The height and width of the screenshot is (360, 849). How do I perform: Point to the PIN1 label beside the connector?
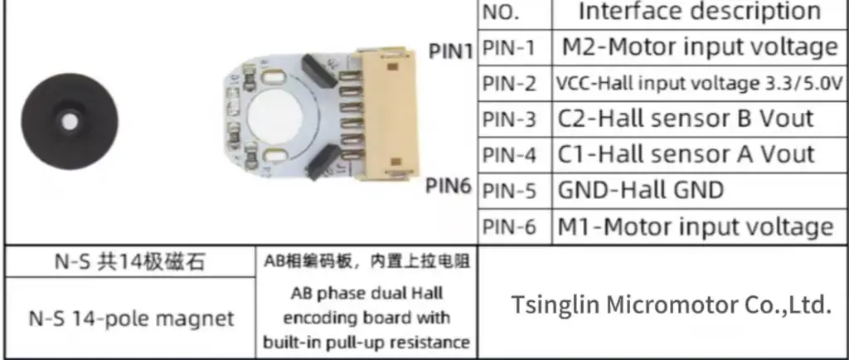(450, 51)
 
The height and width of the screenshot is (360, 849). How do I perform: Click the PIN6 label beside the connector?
(449, 185)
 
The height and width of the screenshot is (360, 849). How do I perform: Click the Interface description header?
(699, 12)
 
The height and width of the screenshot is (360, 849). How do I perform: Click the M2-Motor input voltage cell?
(699, 47)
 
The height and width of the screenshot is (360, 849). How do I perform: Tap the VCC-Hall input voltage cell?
(699, 84)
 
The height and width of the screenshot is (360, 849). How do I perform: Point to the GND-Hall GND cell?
(640, 190)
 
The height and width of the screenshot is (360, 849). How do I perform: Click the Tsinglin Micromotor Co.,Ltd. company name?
(670, 304)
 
